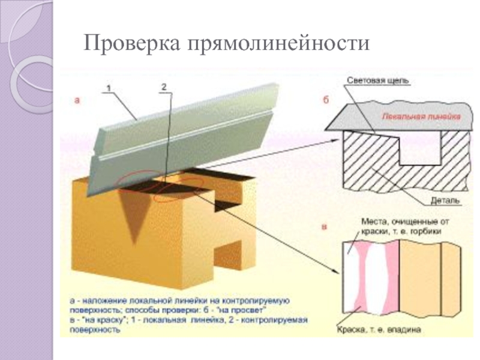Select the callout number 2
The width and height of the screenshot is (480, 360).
click(x=164, y=88)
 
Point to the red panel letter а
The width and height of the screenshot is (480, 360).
click(x=77, y=101)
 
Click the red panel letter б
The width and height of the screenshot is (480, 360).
click(x=326, y=101)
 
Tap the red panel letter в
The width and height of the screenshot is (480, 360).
click(x=325, y=227)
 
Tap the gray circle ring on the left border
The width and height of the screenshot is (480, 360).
click(x=30, y=81)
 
